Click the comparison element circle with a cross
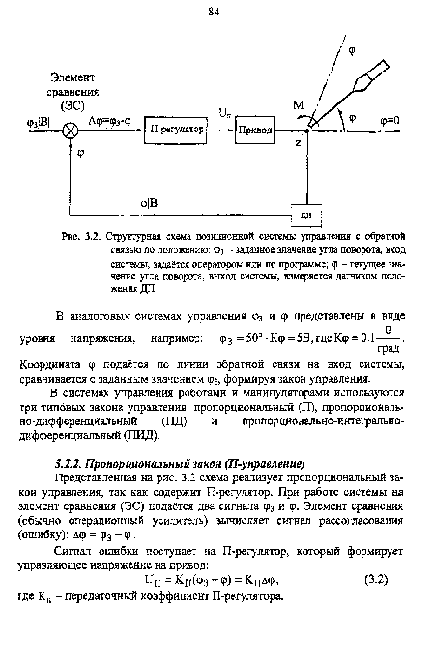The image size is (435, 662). click(x=69, y=130)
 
